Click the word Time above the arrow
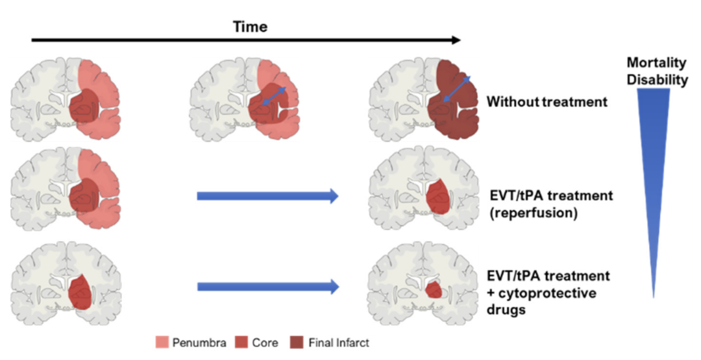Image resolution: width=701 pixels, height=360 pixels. [x=250, y=27]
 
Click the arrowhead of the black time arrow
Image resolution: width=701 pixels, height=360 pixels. [x=456, y=40]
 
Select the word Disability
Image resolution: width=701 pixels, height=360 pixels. [x=657, y=80]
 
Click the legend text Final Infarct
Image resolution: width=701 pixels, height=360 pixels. [x=341, y=342]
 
